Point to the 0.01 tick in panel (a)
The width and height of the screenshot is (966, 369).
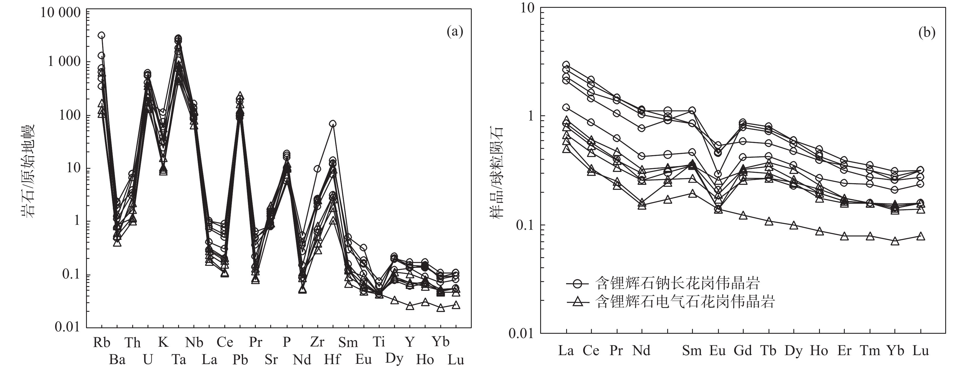pyautogui.click(x=68, y=327)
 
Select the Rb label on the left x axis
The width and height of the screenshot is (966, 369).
pyautogui.click(x=102, y=342)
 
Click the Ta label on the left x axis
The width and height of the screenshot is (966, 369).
pyautogui.click(x=179, y=360)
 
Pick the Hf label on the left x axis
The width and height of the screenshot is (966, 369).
pyautogui.click(x=333, y=360)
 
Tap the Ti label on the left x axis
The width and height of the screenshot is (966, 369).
pyautogui.click(x=379, y=342)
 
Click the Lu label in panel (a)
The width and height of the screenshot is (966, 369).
pyautogui.click(x=456, y=360)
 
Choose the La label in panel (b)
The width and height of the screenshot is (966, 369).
pyautogui.click(x=566, y=351)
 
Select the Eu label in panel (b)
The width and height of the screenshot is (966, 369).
pyautogui.click(x=717, y=351)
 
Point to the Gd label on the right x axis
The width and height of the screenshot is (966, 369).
pyautogui.click(x=743, y=351)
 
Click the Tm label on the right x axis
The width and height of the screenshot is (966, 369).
pyautogui.click(x=870, y=351)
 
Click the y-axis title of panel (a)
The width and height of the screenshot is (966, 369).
pyautogui.click(x=27, y=171)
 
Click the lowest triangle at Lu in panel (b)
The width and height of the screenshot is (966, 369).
pyautogui.click(x=921, y=236)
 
